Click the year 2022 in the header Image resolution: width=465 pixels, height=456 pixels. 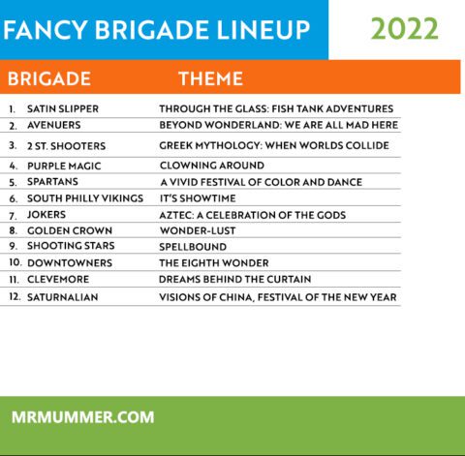click(405, 29)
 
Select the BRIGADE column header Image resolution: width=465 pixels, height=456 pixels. click(49, 78)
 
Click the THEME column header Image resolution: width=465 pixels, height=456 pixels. click(210, 78)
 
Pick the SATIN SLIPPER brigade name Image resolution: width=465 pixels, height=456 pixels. click(63, 108)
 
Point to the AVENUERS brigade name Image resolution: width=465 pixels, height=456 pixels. click(54, 125)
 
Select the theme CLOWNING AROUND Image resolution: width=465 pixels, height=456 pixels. click(211, 166)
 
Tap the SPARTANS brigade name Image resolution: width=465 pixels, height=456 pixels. click(53, 182)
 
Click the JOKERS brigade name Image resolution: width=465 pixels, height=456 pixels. click(46, 215)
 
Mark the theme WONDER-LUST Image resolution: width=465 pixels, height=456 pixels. click(198, 230)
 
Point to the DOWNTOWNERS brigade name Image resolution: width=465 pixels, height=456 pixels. click(69, 262)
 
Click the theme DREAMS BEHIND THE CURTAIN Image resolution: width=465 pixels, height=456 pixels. click(235, 279)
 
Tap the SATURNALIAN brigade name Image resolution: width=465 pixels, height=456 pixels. click(63, 297)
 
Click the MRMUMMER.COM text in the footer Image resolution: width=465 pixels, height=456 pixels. click(83, 417)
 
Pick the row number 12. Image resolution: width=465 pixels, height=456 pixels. click(15, 297)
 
